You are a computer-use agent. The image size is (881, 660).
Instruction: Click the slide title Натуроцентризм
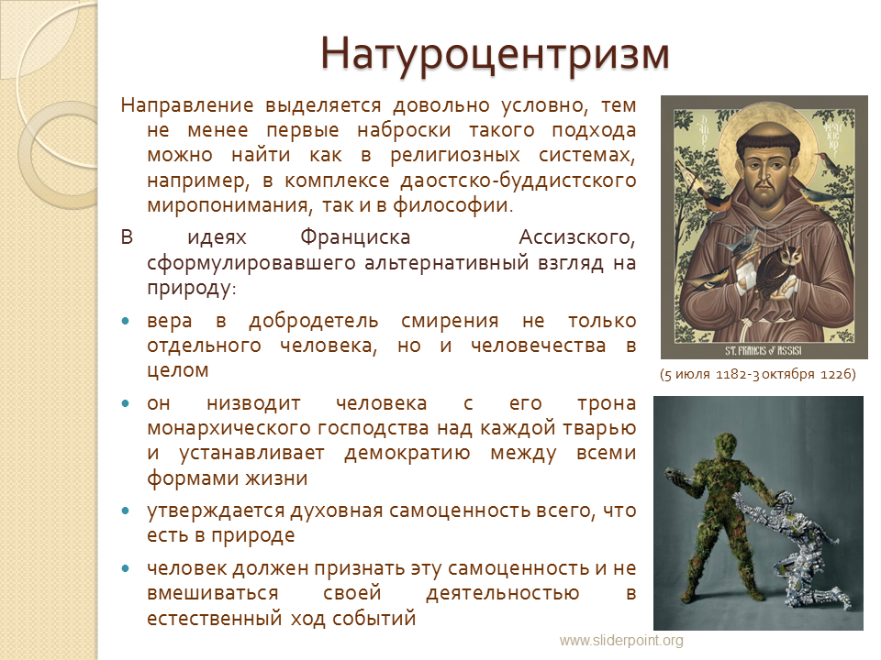coord(495,54)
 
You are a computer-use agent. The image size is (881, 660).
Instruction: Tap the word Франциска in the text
coord(355,236)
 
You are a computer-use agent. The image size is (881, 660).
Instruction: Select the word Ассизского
coord(577,237)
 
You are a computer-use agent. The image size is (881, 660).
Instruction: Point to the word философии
coord(452,205)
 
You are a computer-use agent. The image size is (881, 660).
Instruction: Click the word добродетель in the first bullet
coord(314,321)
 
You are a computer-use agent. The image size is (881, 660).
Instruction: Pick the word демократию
coord(407,453)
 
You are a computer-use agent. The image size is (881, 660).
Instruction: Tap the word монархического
coord(229,428)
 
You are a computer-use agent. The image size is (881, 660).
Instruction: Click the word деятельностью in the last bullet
coord(502,593)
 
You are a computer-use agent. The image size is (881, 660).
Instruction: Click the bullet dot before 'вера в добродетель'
coord(126,321)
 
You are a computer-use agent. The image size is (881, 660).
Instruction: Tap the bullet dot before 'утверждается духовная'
coord(126,511)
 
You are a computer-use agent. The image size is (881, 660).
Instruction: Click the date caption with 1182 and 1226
coord(758,374)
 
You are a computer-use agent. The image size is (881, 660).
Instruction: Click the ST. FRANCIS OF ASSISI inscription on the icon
coord(763,351)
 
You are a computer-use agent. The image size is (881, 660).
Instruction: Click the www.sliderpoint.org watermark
coord(621,641)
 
